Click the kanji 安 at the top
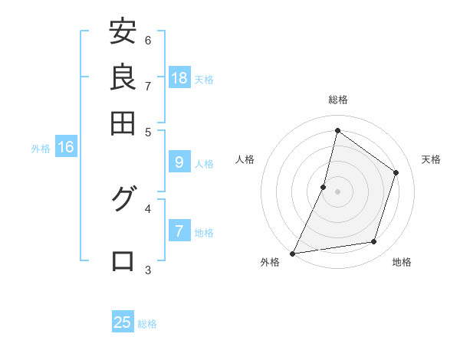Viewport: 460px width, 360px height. coord(123,33)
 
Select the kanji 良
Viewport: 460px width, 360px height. coord(123,77)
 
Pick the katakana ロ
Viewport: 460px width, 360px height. coord(123,260)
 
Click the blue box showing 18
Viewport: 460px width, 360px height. coord(179,77)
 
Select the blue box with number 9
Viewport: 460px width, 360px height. coord(179,162)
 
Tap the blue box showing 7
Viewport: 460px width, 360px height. coord(179,231)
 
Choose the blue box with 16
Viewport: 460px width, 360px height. coord(65,147)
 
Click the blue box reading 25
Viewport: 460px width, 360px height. coord(123,322)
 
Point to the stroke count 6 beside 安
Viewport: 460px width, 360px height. coord(148,40)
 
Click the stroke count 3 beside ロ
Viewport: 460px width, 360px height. coord(148,270)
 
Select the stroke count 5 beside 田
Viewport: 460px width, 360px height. coord(148,132)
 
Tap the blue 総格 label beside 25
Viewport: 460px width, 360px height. coord(147,324)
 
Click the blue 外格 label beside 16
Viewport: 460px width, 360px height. coord(41,149)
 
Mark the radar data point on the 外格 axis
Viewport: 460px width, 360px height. coord(293,254)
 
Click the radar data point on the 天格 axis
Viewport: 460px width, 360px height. coord(396,172)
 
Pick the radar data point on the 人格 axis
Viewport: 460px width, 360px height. coord(324,187)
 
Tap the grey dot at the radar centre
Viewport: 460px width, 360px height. coord(337,191)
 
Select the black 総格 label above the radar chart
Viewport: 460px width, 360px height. coord(337,100)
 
